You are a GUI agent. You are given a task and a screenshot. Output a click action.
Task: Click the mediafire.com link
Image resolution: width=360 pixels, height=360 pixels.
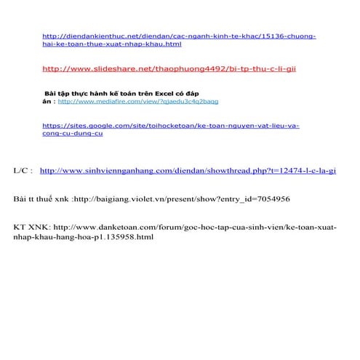point(137,102)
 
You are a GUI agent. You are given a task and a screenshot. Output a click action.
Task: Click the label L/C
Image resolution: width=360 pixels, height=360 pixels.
point(23,171)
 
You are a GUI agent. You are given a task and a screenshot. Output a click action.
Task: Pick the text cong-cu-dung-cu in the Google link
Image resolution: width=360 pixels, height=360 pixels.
point(73,135)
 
